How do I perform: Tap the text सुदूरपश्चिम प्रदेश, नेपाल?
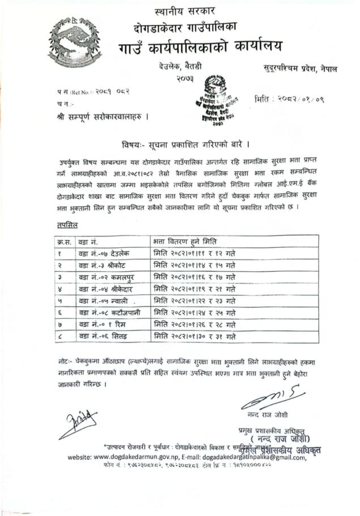click(x=300, y=69)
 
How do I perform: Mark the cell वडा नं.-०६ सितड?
click(x=103, y=336)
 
